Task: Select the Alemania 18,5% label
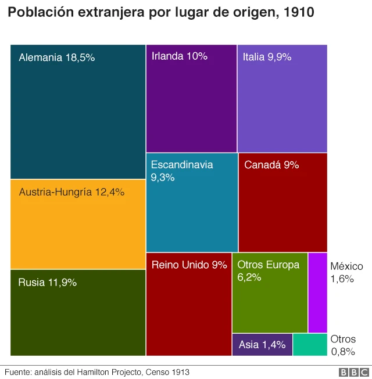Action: tap(56, 57)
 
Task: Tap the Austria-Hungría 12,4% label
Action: tap(71, 192)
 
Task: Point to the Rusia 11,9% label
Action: tap(48, 283)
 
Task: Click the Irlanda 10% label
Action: tap(179, 56)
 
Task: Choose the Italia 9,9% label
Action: tap(267, 57)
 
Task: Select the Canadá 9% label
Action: tap(271, 165)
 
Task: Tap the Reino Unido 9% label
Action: tap(189, 265)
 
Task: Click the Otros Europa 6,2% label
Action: tap(268, 270)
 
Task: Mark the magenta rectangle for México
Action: tap(317, 293)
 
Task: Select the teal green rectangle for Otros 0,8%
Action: tap(310, 344)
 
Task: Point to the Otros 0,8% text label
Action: tap(343, 345)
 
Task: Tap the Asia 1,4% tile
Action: tap(262, 344)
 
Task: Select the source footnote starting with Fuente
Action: tap(97, 372)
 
